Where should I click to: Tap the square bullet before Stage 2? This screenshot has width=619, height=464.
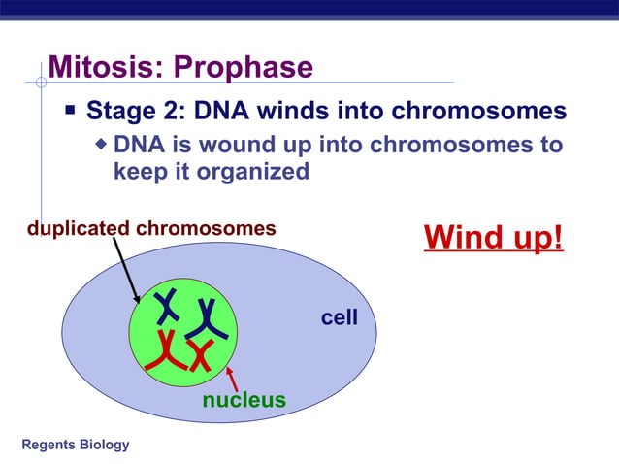pyautogui.click(x=70, y=110)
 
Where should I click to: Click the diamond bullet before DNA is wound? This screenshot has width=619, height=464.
pyautogui.click(x=102, y=146)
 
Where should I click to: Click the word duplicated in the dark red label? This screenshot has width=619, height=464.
pyautogui.click(x=78, y=229)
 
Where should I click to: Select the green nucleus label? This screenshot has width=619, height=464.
pyautogui.click(x=244, y=400)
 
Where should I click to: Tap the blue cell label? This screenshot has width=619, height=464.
pyautogui.click(x=340, y=317)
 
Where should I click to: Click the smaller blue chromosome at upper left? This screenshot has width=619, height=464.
pyautogui.click(x=168, y=307)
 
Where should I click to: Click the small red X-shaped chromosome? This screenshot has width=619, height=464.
pyautogui.click(x=201, y=356)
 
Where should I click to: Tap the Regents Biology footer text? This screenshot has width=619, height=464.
pyautogui.click(x=75, y=445)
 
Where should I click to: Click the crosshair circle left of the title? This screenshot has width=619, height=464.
pyautogui.click(x=41, y=83)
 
